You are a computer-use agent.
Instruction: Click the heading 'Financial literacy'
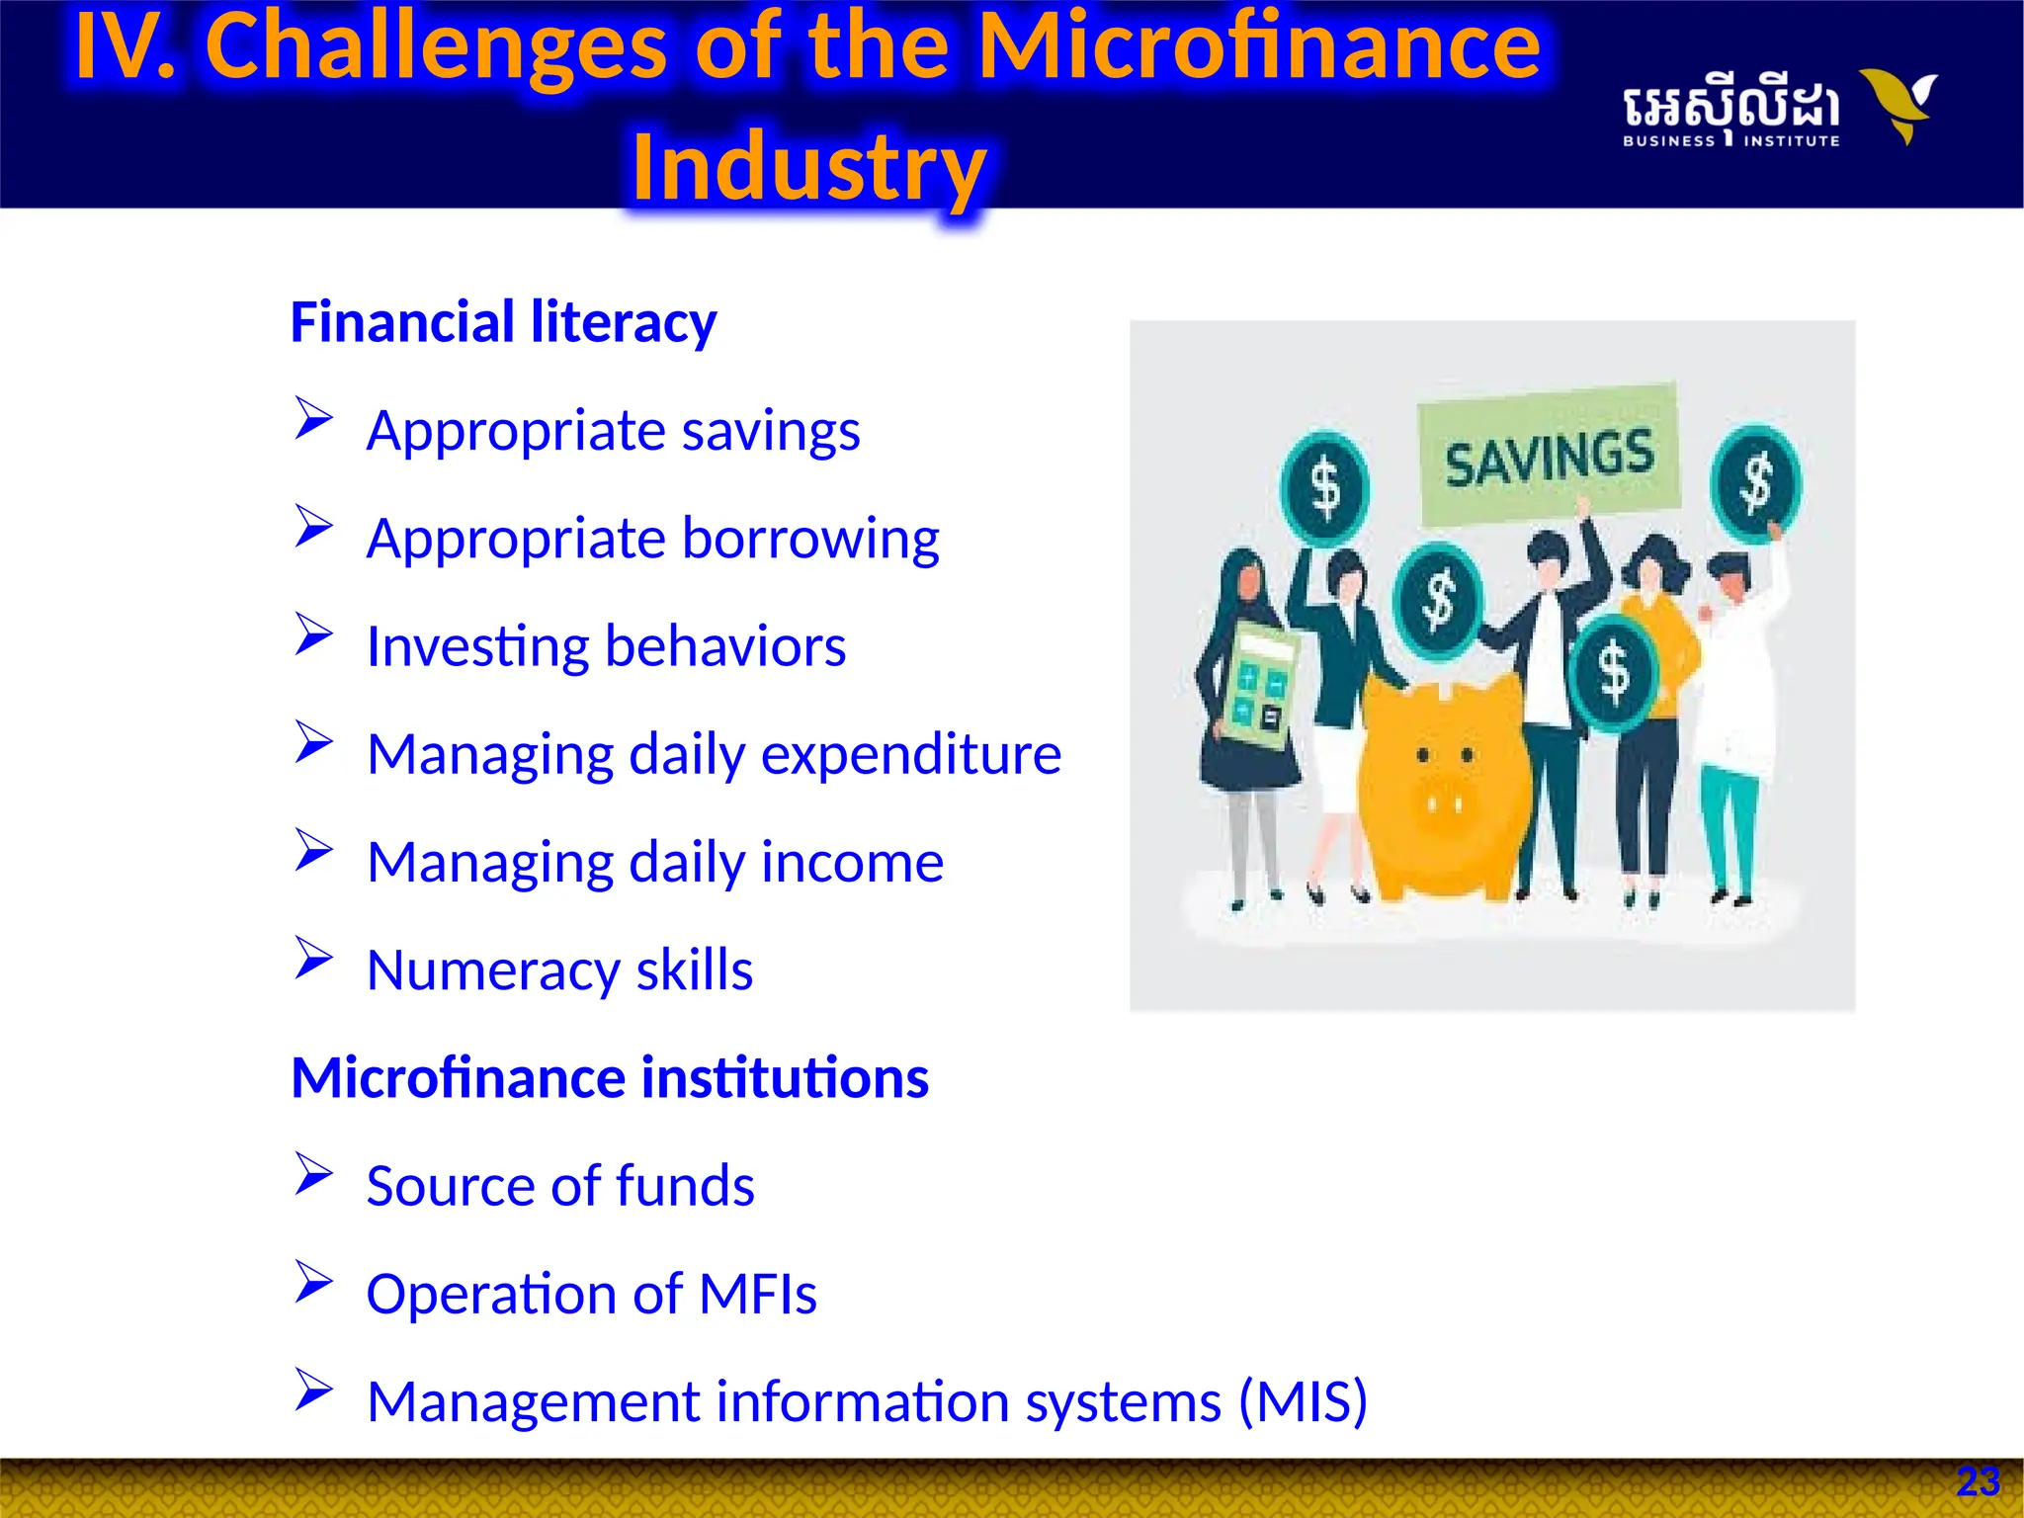(x=503, y=322)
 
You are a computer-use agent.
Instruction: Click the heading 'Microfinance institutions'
(x=610, y=1077)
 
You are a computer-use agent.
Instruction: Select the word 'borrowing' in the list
(x=810, y=539)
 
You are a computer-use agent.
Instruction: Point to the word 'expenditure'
(x=910, y=754)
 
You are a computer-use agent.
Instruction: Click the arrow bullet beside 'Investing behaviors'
(x=313, y=633)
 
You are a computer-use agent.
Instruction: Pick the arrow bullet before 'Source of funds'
(x=313, y=1173)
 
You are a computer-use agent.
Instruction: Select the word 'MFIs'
(x=757, y=1294)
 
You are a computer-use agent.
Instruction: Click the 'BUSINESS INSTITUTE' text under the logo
(x=1730, y=141)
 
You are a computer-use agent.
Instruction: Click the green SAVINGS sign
(x=1549, y=456)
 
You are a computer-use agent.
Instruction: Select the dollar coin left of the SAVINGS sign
(x=1324, y=488)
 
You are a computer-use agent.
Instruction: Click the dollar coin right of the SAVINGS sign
(x=1756, y=483)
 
